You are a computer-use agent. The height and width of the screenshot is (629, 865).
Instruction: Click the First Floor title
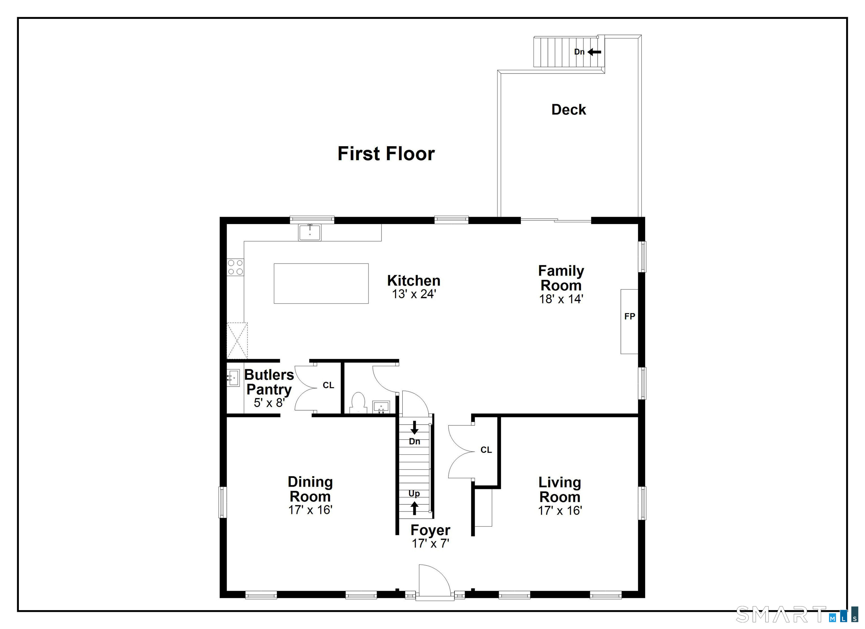click(386, 154)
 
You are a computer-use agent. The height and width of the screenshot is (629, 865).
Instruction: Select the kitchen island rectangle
click(321, 284)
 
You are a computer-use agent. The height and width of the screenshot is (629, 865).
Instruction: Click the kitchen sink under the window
click(310, 232)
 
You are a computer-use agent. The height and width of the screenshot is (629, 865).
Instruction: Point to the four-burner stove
click(235, 267)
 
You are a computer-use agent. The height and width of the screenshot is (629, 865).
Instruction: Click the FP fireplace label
click(630, 316)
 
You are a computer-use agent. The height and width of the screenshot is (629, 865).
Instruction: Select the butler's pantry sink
click(233, 378)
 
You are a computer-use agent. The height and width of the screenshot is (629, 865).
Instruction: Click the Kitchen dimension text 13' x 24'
click(414, 294)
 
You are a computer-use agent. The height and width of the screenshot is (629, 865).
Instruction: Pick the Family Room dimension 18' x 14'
click(561, 299)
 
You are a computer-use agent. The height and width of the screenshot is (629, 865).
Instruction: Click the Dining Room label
click(310, 489)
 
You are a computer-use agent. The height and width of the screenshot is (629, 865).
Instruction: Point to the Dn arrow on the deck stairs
click(594, 52)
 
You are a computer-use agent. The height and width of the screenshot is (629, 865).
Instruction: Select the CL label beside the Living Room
click(486, 450)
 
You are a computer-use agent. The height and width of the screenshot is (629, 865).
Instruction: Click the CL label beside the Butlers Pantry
click(328, 385)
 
